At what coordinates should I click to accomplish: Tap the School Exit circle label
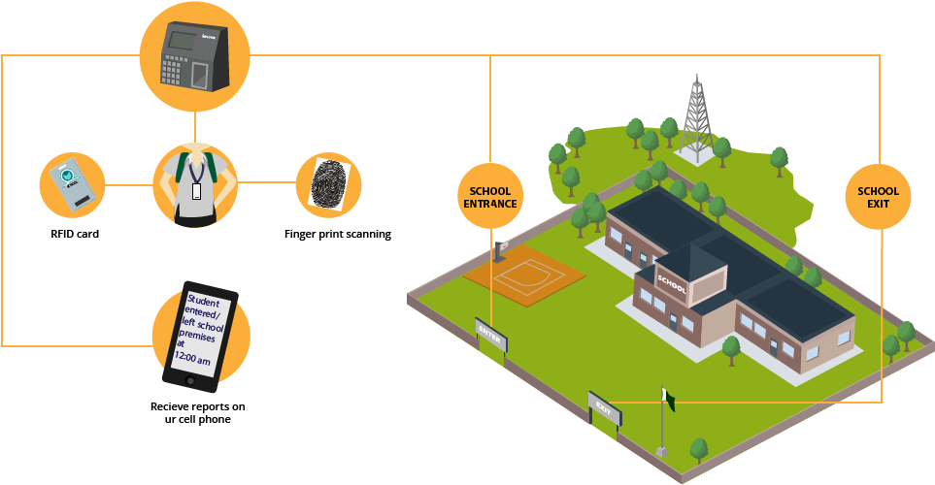point(878,197)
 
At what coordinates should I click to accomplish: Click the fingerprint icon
point(328,181)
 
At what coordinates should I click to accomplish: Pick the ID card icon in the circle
point(71,183)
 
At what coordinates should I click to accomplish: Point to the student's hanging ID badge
point(196,190)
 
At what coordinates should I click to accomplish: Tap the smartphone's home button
point(190,380)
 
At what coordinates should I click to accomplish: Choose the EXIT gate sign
point(604,407)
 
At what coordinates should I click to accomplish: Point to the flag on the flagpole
point(668,396)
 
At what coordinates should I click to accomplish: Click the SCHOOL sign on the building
point(672,282)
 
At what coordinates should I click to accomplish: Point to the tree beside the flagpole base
point(698,449)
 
